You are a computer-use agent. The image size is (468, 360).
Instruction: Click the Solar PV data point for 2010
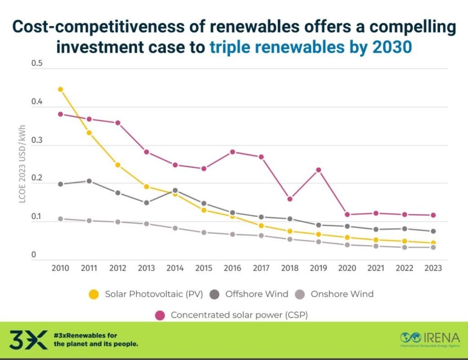pos(60,90)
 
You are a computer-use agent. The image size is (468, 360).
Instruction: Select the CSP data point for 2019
pos(319,170)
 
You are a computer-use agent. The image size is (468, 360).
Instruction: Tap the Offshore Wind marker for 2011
pos(89,181)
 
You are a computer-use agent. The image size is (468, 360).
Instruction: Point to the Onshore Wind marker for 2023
pos(433,247)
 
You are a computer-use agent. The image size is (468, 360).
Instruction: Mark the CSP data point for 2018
pos(290,199)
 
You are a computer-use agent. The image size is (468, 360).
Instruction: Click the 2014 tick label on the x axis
pos(175,268)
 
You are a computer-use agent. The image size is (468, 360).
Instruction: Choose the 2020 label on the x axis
pos(347,268)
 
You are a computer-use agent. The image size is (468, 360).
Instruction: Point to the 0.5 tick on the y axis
pos(37,63)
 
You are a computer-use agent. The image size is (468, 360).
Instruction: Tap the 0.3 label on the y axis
pos(37,140)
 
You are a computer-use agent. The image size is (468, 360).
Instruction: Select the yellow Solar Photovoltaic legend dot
pos(94,294)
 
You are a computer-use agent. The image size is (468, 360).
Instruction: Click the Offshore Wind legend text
pos(257,294)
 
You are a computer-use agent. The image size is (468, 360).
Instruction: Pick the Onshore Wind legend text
pos(342,294)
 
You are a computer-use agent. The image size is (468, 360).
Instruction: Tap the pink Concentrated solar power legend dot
pos(160,315)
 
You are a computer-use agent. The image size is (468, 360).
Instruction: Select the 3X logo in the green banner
pos(28,339)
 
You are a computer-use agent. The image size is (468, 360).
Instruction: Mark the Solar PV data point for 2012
pos(117,165)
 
